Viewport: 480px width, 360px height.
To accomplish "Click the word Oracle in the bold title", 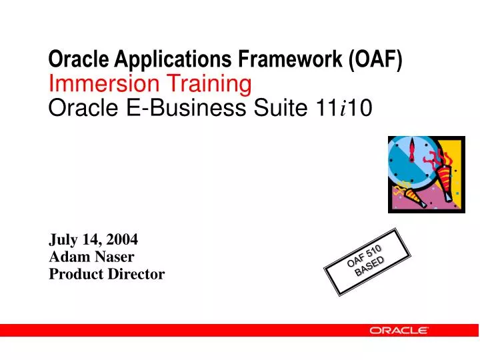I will (x=71, y=61).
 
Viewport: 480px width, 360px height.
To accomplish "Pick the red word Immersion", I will (x=94, y=83).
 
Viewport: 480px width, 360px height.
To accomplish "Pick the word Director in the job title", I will (x=137, y=273).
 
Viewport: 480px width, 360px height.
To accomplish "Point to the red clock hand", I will (x=413, y=151).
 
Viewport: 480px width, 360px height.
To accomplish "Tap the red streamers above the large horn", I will (x=440, y=159).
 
